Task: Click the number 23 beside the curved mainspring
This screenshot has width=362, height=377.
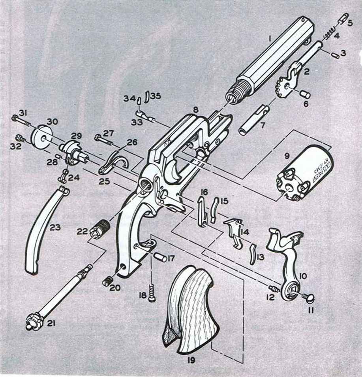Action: (55, 228)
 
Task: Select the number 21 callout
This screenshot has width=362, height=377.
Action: (51, 324)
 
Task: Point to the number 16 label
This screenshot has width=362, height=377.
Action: (204, 192)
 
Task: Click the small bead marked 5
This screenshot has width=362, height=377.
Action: (343, 19)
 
